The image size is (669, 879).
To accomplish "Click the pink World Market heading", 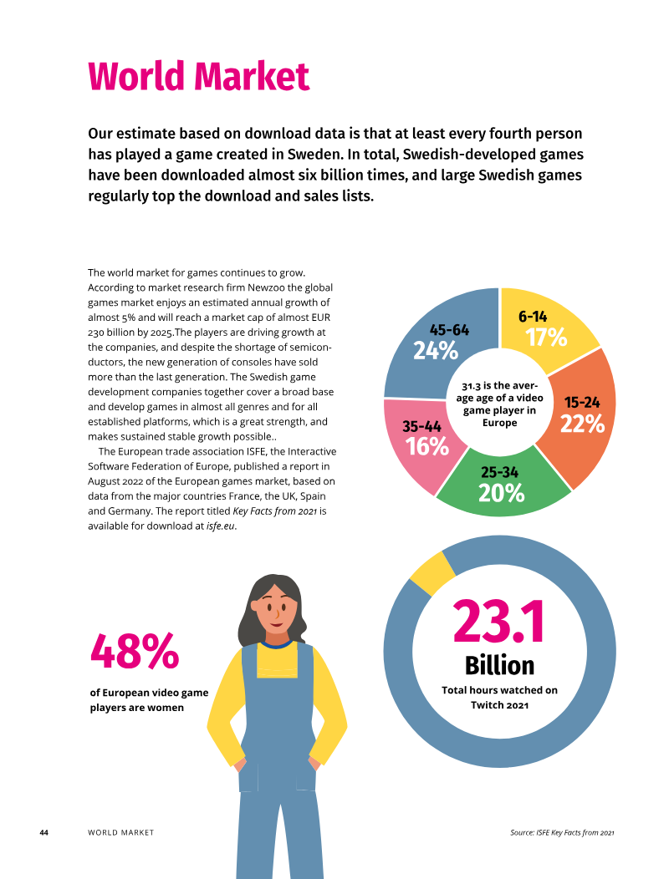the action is pos(199,76).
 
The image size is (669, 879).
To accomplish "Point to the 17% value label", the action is pos(546,338).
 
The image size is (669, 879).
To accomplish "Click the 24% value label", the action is pos(436,351).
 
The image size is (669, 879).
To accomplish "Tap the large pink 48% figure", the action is pos(135,651).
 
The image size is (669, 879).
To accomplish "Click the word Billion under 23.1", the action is pos(499,665).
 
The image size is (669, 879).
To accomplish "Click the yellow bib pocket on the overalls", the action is pos(278,663).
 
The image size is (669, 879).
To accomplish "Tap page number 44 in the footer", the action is pos(43,832).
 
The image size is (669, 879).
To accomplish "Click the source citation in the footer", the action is pos(562,832).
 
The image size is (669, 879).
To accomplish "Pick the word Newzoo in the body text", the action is pos(266,287).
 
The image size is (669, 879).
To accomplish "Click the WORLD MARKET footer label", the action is pos(120,832).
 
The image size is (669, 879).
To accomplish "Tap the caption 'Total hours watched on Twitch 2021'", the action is pos(499,698).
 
